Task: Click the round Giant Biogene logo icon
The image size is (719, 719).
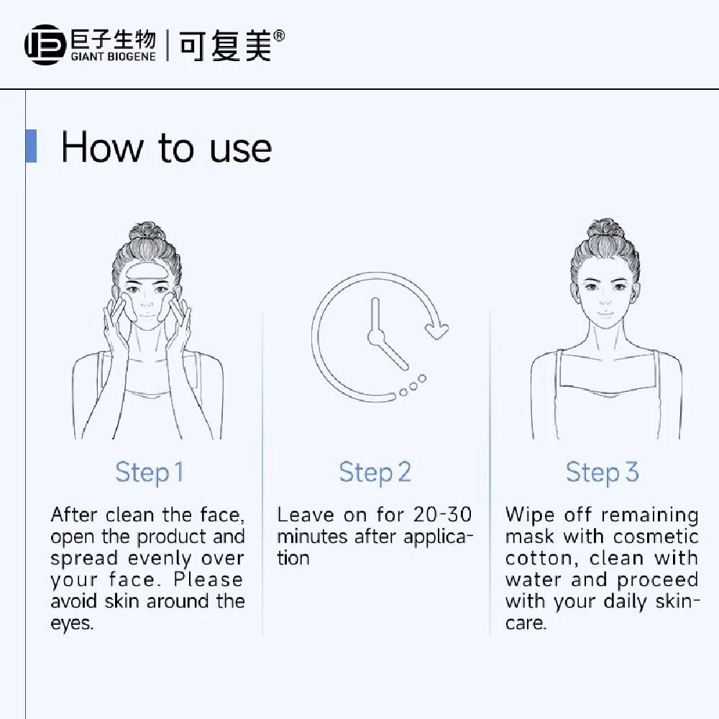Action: point(45,45)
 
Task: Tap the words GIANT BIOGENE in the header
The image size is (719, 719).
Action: point(114,56)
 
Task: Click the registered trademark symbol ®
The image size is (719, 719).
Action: point(279,36)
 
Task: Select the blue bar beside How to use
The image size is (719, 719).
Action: point(31,146)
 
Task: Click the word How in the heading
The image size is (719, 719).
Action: point(102,147)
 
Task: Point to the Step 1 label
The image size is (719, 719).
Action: point(149,472)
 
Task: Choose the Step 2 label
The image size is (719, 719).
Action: point(375,472)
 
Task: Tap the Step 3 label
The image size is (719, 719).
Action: point(602,472)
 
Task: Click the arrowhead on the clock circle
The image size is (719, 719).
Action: point(437,329)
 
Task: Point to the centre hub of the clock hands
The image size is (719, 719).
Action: point(375,337)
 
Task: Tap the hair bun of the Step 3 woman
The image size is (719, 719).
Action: point(605,229)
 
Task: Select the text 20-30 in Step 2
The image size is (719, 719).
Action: point(442,515)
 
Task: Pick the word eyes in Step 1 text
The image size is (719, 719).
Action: point(72,623)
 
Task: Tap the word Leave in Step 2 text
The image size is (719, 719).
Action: point(305,515)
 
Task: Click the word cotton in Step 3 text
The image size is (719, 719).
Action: point(539,559)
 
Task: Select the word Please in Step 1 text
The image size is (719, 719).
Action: point(209,580)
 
